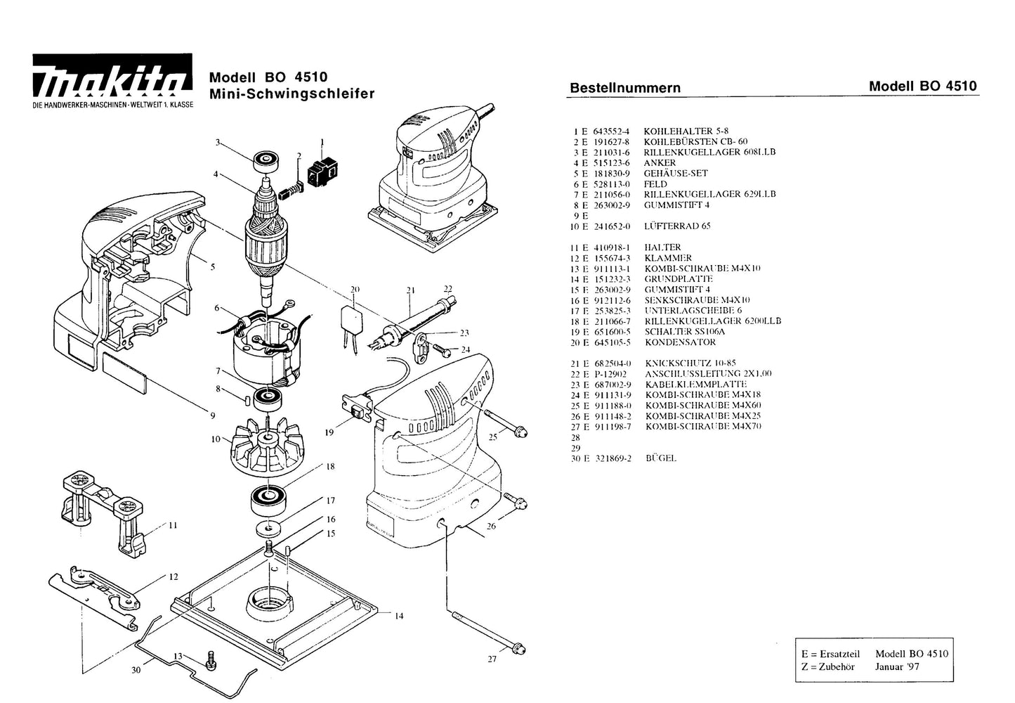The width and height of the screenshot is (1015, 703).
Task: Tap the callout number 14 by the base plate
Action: [399, 617]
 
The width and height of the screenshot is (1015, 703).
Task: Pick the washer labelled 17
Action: [268, 527]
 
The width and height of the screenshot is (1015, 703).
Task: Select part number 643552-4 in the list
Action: [612, 131]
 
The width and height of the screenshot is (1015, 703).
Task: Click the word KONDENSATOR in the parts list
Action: [679, 342]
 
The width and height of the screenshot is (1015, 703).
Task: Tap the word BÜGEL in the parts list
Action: [660, 458]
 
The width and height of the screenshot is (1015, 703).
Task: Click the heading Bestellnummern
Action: [624, 89]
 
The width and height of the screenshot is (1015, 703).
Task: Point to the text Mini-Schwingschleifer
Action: [292, 94]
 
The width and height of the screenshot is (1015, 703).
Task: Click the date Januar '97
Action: [897, 666]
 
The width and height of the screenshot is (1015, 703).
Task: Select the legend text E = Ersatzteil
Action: [830, 653]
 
